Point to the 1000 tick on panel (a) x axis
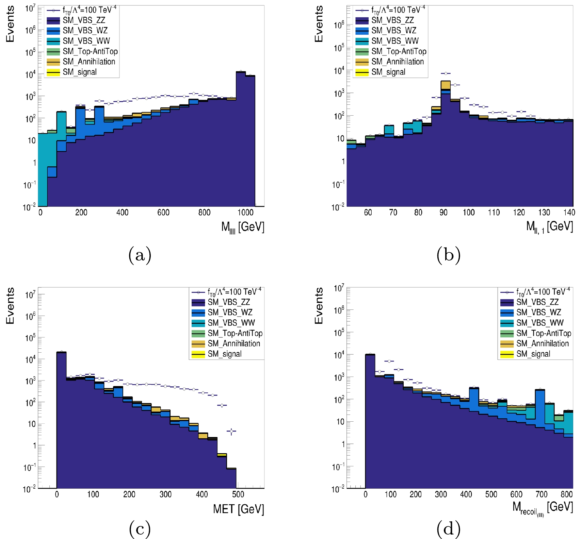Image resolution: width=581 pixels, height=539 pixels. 245,213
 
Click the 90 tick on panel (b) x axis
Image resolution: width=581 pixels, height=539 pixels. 443,213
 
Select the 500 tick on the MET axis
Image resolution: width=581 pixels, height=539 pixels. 238,494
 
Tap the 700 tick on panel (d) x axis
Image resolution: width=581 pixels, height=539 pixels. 541,494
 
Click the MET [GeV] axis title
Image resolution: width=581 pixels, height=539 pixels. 238,509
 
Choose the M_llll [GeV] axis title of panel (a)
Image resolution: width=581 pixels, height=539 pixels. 242,227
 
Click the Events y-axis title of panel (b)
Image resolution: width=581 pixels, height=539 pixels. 319,24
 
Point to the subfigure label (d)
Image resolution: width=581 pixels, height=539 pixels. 448,529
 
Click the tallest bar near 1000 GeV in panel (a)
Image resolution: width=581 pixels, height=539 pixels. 241,136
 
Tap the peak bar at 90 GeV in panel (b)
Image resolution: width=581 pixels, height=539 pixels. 446,143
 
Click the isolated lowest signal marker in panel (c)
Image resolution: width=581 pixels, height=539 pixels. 231,432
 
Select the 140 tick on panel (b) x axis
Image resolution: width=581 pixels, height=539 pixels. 569,213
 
